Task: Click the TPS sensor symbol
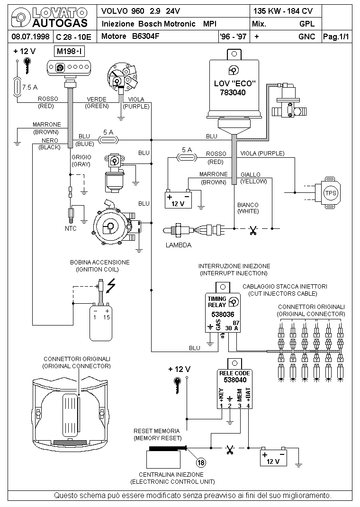point(328,193)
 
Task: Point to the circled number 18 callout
point(201,462)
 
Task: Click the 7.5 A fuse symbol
point(17,87)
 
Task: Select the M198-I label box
point(70,51)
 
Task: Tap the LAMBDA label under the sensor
point(179,245)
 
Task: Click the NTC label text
point(71,228)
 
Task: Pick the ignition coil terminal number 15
point(107,317)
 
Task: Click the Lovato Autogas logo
point(50,18)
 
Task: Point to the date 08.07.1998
point(30,36)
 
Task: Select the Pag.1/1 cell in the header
point(336,36)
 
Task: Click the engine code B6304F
point(145,36)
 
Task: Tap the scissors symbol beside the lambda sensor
point(253,230)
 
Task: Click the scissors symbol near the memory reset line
point(230,450)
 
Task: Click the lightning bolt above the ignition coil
point(111,286)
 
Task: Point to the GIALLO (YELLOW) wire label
point(254,178)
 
